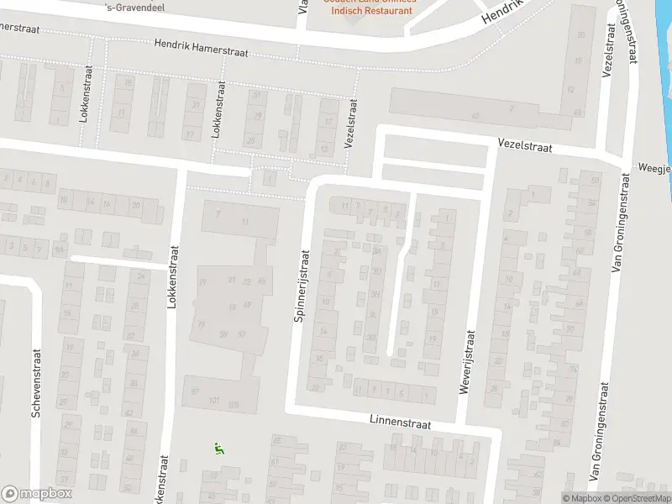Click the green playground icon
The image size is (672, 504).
tap(219, 449)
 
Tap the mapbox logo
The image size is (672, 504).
tap(37, 493)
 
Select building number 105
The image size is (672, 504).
tap(234, 405)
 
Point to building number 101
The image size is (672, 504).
tap(215, 400)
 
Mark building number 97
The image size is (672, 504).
tap(195, 391)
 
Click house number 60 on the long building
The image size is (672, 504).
tap(475, 115)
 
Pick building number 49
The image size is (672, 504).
tap(245, 304)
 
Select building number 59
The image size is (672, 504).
tap(223, 333)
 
